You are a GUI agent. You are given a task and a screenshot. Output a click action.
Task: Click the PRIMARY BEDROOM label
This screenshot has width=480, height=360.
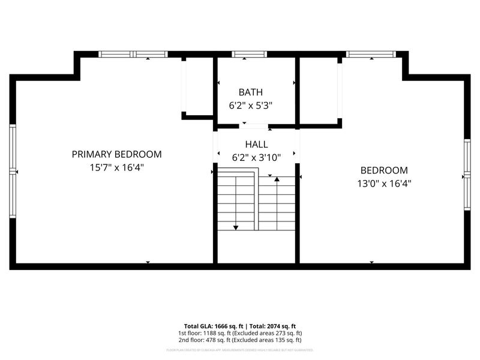[x=116, y=154]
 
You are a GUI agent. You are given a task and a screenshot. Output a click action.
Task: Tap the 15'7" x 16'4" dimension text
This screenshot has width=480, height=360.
[x=116, y=167]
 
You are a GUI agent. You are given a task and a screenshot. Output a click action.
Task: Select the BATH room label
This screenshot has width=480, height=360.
[x=250, y=92]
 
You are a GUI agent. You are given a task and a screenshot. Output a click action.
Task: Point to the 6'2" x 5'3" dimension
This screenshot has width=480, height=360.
[x=250, y=105]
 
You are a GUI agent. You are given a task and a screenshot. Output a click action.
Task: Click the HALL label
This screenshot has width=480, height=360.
[x=256, y=145]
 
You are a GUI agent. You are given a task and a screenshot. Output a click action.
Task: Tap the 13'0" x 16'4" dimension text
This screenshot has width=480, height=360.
[x=383, y=184]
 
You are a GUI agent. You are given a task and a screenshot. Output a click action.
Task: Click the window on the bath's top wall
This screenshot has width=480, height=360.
[x=250, y=55]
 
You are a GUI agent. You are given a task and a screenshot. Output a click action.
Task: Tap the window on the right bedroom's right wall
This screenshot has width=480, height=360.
[x=467, y=175]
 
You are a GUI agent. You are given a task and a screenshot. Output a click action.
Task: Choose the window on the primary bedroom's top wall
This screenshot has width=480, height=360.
[x=133, y=55]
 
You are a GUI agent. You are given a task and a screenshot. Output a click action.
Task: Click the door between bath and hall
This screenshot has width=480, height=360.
[x=254, y=126]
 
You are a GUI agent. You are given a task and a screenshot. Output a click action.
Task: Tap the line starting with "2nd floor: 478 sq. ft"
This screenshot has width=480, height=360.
[x=239, y=340]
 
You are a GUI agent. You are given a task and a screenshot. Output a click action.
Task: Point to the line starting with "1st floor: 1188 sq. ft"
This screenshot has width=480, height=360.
[x=239, y=333]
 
